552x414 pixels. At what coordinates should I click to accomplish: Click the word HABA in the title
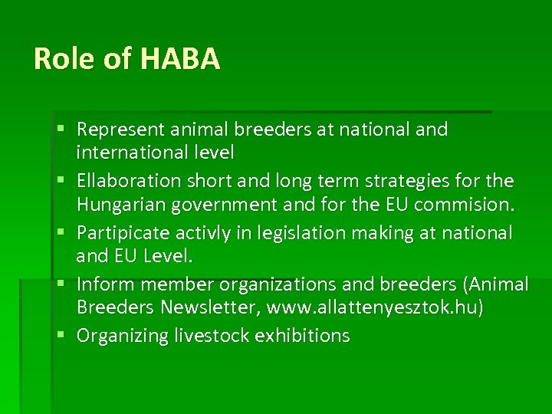coord(180,59)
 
